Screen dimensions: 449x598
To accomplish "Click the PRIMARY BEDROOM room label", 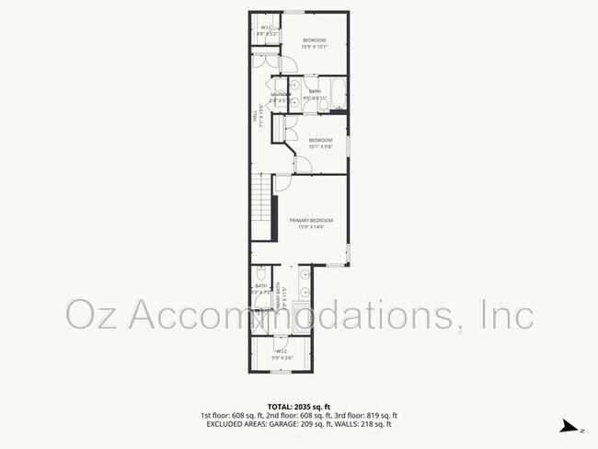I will coord(311,221).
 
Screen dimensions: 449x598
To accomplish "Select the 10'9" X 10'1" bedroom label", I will coord(315,43).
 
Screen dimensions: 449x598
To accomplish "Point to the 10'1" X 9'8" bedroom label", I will coord(319,143).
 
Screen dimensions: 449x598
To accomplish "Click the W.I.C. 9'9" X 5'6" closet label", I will coord(281,352).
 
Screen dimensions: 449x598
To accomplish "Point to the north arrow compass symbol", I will coord(572,427).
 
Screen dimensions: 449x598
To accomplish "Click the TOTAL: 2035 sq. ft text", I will coord(298,406).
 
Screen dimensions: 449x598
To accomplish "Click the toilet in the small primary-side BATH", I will coord(261,274).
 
